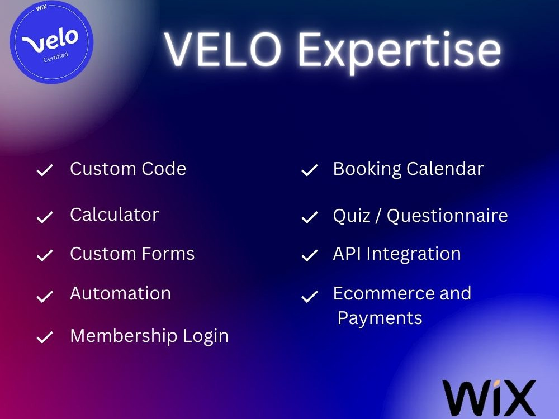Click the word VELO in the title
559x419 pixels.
click(x=227, y=49)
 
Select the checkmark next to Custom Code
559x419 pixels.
click(x=45, y=170)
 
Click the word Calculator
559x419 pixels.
click(x=114, y=215)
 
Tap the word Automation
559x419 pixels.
click(x=120, y=293)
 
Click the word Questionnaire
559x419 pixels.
click(x=447, y=216)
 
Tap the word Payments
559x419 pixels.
click(x=380, y=318)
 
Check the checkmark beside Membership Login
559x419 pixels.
click(x=45, y=337)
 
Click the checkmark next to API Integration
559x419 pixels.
click(x=309, y=256)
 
